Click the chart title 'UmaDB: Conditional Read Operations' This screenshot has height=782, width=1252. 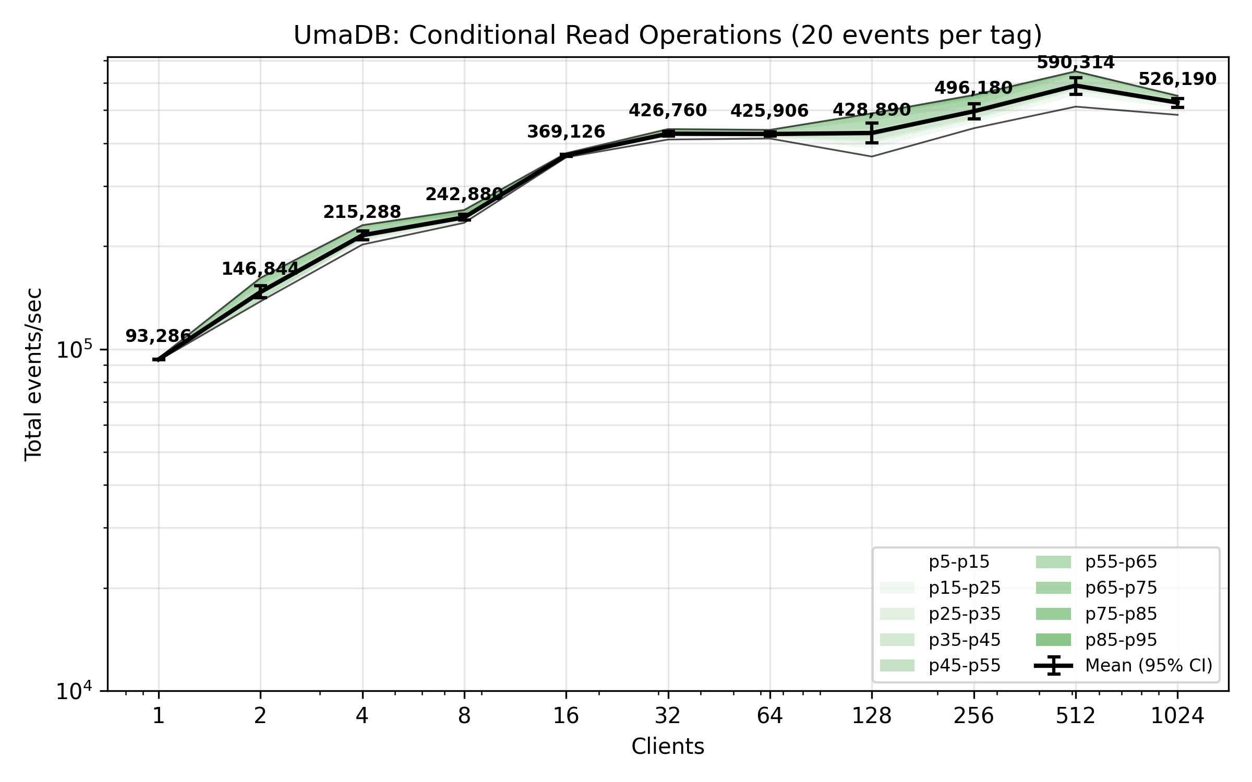668,35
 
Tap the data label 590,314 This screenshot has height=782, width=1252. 1075,63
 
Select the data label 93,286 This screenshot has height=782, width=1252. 159,336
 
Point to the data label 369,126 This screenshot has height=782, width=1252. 566,132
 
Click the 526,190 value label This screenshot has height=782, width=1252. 1177,79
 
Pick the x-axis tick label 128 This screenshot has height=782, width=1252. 872,716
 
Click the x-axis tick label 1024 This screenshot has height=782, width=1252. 1177,716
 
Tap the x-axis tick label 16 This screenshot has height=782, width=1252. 566,716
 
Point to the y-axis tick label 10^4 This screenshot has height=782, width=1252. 74,691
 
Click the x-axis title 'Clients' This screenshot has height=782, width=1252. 668,747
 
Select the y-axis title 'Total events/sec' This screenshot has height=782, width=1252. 33,374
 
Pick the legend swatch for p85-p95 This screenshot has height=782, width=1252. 1053,640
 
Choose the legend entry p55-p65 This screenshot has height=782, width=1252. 1121,562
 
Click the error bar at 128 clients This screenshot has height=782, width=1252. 872,133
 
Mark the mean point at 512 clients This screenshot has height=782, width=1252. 1075,85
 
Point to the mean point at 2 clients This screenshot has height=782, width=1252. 260,291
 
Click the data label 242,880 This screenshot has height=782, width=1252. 464,194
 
